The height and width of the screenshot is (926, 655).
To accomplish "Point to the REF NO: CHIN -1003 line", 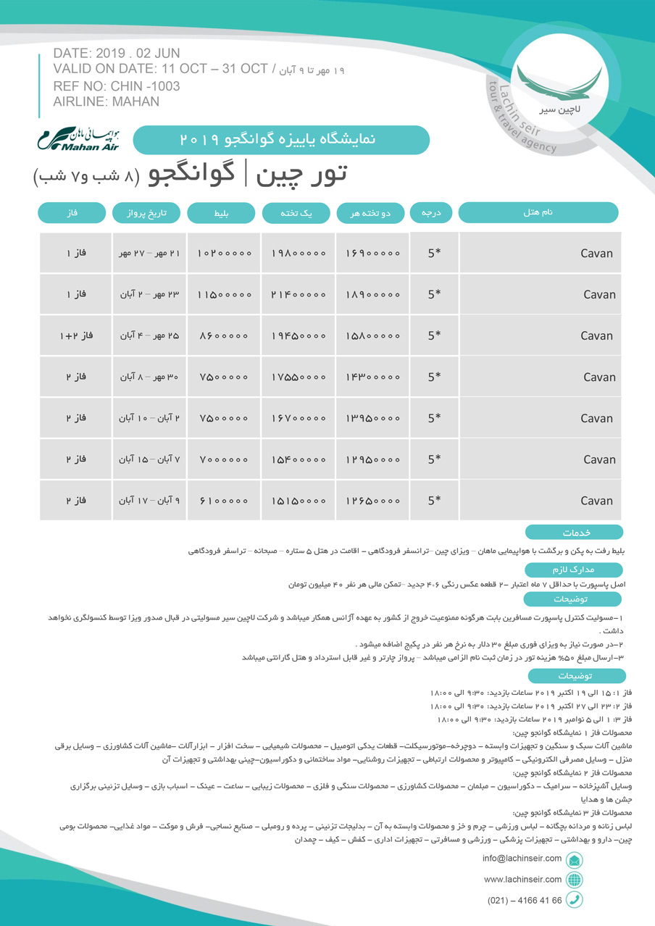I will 117,86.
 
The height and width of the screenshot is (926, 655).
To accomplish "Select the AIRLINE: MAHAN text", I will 107,101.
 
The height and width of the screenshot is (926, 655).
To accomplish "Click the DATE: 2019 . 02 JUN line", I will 117,54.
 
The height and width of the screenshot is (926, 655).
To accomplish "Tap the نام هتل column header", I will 538,212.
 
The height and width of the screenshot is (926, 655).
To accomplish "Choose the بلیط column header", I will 221,212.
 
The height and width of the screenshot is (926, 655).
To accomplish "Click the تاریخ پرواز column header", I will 148,212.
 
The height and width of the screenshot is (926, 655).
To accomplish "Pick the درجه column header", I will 432,212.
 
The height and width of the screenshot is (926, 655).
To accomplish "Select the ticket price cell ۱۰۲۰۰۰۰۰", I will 223,254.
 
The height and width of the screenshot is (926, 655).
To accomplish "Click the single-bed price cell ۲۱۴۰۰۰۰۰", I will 298,294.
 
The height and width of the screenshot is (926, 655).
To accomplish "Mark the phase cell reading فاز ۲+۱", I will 75,335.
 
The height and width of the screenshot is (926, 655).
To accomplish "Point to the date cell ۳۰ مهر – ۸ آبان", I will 149,377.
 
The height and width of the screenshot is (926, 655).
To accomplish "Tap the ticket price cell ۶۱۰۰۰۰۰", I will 223,500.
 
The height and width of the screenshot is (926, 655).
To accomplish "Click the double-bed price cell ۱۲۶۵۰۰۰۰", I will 372,500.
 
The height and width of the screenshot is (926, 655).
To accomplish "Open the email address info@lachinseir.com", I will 522,859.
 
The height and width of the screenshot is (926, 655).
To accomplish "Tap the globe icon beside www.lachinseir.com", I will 575,880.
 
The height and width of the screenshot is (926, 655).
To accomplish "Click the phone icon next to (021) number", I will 575,900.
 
